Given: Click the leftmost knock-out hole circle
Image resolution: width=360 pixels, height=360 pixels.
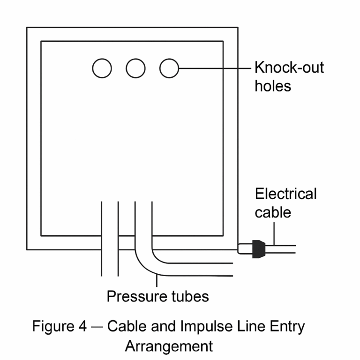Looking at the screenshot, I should (102, 68).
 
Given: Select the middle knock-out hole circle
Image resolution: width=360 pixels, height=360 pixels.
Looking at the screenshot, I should (135, 68).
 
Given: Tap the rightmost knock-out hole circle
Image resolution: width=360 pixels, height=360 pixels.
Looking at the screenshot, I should (169, 68).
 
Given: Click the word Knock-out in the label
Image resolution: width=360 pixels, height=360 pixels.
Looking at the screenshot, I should (289, 68).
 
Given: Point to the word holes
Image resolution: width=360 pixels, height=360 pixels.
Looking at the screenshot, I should (272, 86).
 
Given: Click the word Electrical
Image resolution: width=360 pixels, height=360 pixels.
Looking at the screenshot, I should (285, 194).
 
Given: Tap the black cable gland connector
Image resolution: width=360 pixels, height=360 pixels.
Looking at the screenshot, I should (257, 248).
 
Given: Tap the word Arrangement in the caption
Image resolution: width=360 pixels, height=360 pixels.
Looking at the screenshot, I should (169, 346).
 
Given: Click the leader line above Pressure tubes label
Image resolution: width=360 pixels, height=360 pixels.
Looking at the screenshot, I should (157, 281).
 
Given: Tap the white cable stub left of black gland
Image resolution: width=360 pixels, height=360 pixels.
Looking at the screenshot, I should (245, 248).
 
